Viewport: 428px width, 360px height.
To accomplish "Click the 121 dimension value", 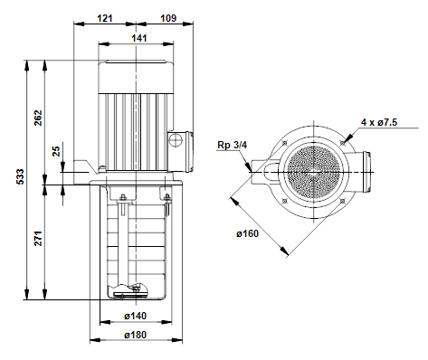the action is pos(104,18).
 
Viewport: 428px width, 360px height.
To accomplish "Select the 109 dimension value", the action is pos(168,18).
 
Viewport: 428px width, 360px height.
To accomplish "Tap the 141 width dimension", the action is pos(139,38).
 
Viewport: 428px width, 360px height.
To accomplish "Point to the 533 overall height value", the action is pos(20,176).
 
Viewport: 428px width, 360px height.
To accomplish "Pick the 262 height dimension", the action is pos(38,118).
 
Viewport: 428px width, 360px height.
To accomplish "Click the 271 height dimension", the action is pos(38,239).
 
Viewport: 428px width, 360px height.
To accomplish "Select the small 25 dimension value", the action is pos(56,151).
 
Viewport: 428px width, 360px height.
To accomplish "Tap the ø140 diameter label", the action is pos(136,316).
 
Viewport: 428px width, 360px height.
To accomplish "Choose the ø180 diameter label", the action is pos(136,335).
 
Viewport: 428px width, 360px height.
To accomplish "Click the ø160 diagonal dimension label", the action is pos(247,233).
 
